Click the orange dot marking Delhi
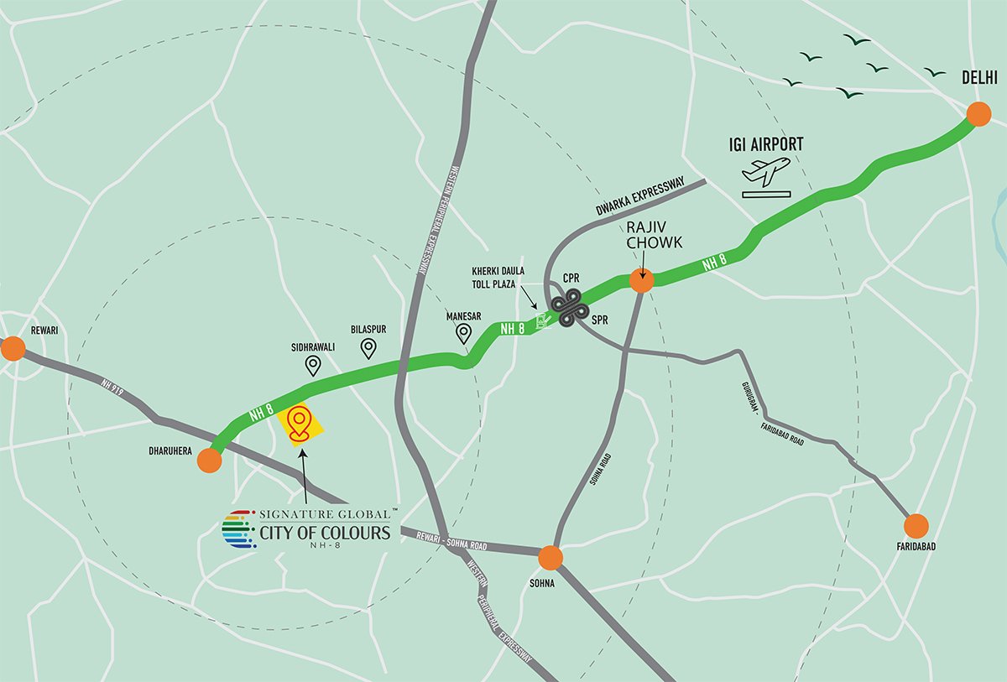(x=978, y=114)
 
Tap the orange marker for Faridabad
(x=916, y=526)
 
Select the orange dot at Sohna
(x=550, y=557)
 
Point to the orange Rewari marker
(x=13, y=349)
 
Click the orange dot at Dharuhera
(x=210, y=461)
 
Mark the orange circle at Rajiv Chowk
(x=641, y=281)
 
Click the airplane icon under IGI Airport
(x=765, y=172)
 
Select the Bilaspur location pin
(x=368, y=348)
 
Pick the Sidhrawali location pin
(x=313, y=365)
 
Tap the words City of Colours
(x=325, y=533)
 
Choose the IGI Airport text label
(x=765, y=144)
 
